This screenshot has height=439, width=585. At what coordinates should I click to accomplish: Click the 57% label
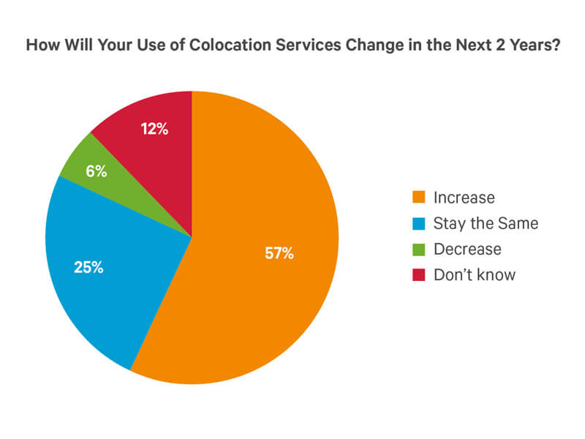[x=279, y=254]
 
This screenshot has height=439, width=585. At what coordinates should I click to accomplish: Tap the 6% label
[x=96, y=172]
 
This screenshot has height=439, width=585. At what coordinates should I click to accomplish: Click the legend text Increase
[x=464, y=198]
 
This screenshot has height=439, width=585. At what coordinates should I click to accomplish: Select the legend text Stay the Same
[x=486, y=223]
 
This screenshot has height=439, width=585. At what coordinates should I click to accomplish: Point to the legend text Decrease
[x=467, y=249]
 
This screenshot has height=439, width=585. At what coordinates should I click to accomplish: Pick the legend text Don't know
[x=475, y=275]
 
